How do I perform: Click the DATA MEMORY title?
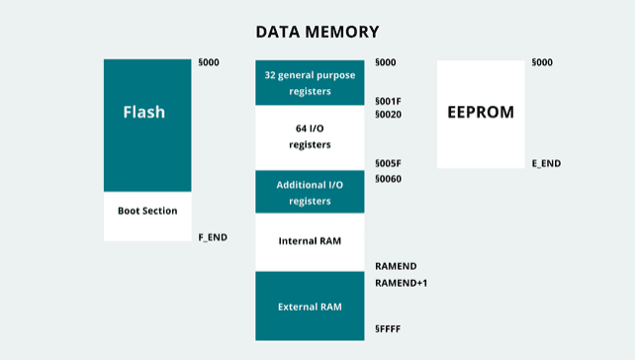pos(317,32)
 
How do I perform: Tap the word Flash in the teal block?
pos(144,112)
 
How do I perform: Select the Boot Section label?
pos(147,211)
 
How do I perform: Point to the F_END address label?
pos(213,237)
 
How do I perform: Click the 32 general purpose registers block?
pos(310,83)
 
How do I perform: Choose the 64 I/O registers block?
pos(310,137)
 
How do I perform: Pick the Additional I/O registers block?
pos(310,192)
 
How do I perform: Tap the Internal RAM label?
pos(310,241)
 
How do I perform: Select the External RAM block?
pos(310,307)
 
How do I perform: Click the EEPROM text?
pos(481,112)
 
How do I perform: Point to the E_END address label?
pos(546,163)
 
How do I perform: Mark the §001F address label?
pos(388,101)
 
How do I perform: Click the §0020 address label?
pos(388,115)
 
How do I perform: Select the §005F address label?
pos(388,163)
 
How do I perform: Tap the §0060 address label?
pos(388,179)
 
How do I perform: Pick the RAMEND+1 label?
pos(401,283)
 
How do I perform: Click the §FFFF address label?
pos(388,328)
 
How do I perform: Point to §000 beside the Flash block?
pos(209,62)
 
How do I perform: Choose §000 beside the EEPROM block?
pos(542,62)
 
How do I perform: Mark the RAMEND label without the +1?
pos(396,266)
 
